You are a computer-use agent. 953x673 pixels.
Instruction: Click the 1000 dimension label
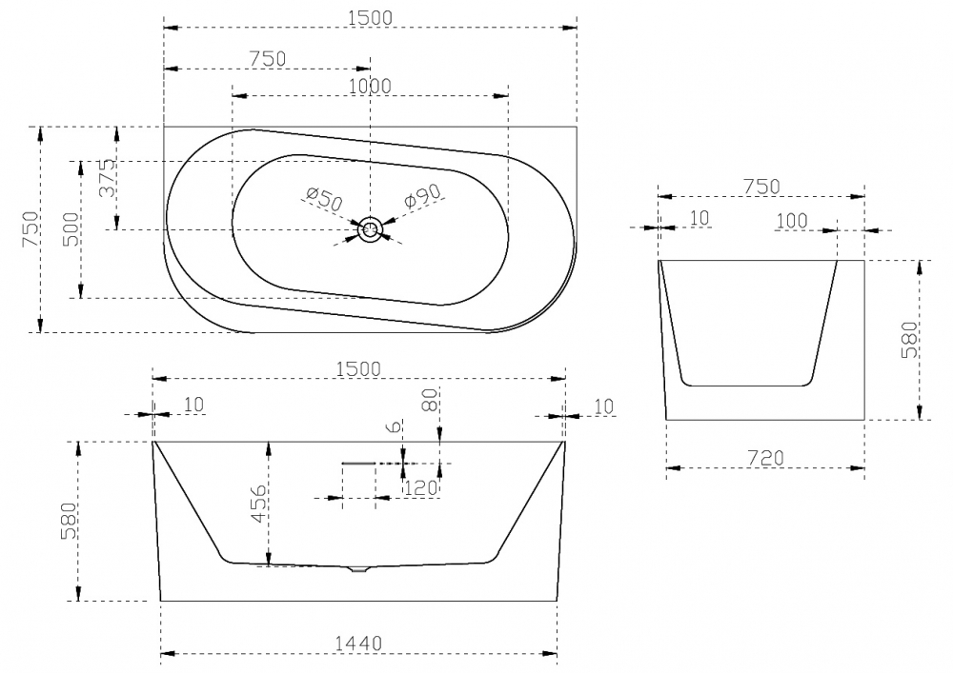(x=370, y=87)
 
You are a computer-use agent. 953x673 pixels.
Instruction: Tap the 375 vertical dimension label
(x=107, y=177)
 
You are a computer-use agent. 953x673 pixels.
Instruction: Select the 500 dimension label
(x=71, y=228)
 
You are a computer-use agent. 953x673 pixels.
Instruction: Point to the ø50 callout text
(x=324, y=199)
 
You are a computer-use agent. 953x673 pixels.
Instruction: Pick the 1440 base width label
(x=358, y=643)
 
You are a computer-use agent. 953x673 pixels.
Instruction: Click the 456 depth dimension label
(x=259, y=503)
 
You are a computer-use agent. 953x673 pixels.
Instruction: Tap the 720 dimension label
(x=765, y=458)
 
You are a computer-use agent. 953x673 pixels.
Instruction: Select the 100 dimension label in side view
(x=792, y=221)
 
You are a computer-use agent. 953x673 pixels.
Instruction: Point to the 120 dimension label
(x=420, y=487)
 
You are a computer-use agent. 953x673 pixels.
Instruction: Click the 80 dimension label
(x=431, y=401)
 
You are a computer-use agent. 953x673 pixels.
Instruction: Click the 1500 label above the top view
(x=370, y=18)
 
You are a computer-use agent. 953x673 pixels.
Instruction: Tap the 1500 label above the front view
(x=358, y=369)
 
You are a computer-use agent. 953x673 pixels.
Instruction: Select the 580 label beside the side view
(x=910, y=340)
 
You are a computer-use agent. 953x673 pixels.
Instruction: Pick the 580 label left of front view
(x=69, y=521)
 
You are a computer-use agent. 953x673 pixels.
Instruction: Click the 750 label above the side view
(x=761, y=187)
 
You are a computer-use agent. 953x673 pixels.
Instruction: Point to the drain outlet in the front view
(x=359, y=569)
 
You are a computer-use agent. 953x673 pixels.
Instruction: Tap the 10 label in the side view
(x=700, y=219)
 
